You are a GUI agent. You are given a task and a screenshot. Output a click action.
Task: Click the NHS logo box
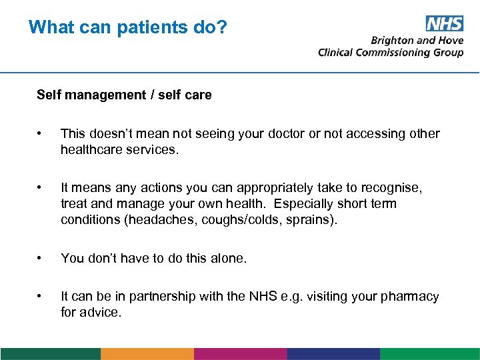pyautogui.click(x=445, y=24)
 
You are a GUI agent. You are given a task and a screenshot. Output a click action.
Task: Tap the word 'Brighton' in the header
pyautogui.click(x=392, y=40)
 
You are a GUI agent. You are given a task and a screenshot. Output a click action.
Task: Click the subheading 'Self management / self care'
pyautogui.click(x=124, y=95)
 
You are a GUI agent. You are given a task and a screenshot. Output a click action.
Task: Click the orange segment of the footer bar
pyautogui.click(x=147, y=354)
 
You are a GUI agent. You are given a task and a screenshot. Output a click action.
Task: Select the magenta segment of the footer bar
pyautogui.click(x=240, y=354)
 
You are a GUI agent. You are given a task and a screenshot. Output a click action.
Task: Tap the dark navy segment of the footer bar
pyautogui.click(x=333, y=354)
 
